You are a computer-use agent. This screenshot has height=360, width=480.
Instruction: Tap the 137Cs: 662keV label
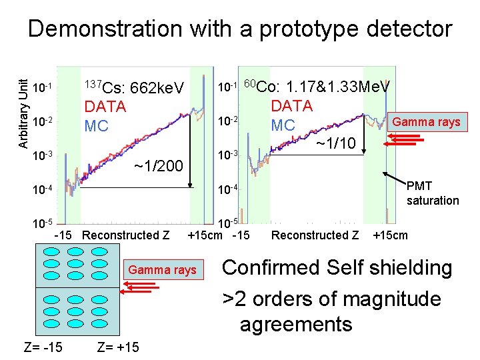pos(133,87)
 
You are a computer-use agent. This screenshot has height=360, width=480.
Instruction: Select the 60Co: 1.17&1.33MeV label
pos(315,86)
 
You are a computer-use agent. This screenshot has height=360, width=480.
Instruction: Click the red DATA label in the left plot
pos(105,107)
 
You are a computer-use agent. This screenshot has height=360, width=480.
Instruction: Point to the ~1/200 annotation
pos(159,165)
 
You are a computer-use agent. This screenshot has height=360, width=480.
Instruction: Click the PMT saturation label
pos(432,194)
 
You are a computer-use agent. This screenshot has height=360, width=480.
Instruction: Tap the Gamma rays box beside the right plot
pos(425,122)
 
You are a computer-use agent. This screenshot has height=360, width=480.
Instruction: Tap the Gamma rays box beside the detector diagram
pos(163,269)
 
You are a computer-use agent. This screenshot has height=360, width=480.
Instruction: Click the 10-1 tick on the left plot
pos(43,87)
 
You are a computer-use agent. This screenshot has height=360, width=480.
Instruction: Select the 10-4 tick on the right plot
pos(228,192)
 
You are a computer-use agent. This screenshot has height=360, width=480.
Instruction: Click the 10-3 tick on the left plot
pos(43,156)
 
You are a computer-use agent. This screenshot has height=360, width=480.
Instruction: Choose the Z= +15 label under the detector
pos(119,347)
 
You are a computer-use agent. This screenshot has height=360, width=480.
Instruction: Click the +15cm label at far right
pos(390,235)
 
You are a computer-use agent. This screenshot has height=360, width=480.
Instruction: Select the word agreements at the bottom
pos(295,325)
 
